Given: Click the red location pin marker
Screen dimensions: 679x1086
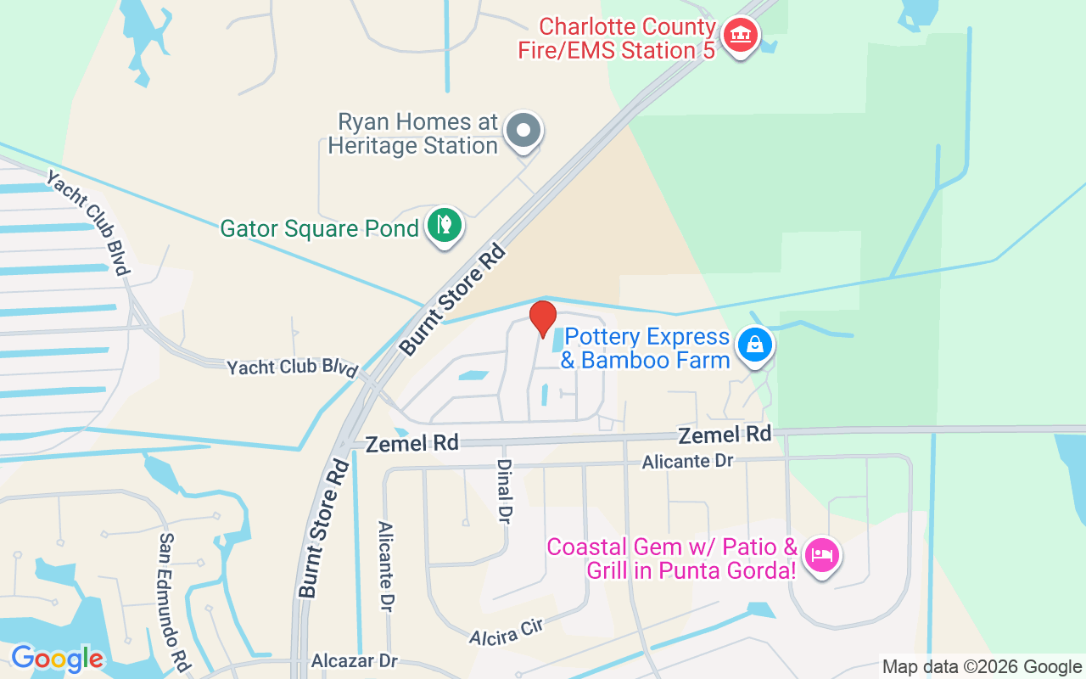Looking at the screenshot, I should [543, 318].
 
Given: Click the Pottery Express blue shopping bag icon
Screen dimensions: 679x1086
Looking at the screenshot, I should [753, 345].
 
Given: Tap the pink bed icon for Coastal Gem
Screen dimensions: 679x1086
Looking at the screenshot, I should [822, 556].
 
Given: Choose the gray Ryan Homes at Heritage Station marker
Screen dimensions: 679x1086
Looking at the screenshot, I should [523, 131].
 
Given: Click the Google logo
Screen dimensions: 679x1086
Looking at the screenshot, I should [57, 659].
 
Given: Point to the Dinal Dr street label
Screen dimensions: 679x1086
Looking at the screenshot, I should [504, 491].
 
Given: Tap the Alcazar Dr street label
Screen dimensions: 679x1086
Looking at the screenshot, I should [355, 661].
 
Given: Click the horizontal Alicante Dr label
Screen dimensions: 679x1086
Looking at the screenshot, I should [687, 461].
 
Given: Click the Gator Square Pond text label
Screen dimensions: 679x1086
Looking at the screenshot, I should [319, 228].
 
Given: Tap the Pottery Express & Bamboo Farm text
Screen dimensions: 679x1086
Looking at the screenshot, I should [646, 348].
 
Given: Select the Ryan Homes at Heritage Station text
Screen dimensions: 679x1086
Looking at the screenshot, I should [414, 133].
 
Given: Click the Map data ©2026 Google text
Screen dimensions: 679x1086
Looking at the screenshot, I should [982, 667].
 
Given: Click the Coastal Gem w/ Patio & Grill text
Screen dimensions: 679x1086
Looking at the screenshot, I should [672, 558].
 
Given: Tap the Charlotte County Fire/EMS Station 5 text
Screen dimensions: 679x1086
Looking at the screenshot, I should [617, 38].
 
